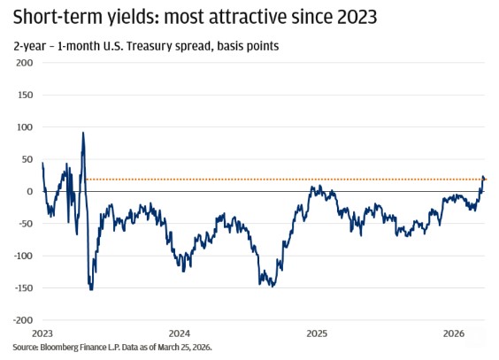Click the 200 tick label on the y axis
pos(24,63)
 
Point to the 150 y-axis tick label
pos(24,95)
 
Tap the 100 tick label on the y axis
pos(24,127)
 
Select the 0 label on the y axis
pos(30,191)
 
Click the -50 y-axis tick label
pos(25,224)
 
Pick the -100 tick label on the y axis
pos(22,256)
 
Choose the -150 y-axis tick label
pos(22,287)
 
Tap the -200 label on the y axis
pos(22,320)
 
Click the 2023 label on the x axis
pos(42,333)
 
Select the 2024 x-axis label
pos(180,333)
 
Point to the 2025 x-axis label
pos(317,333)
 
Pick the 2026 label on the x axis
pos(454,333)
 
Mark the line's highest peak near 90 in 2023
pos(83,133)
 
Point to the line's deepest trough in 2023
pos(91,289)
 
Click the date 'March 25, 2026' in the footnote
pos(184,349)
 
